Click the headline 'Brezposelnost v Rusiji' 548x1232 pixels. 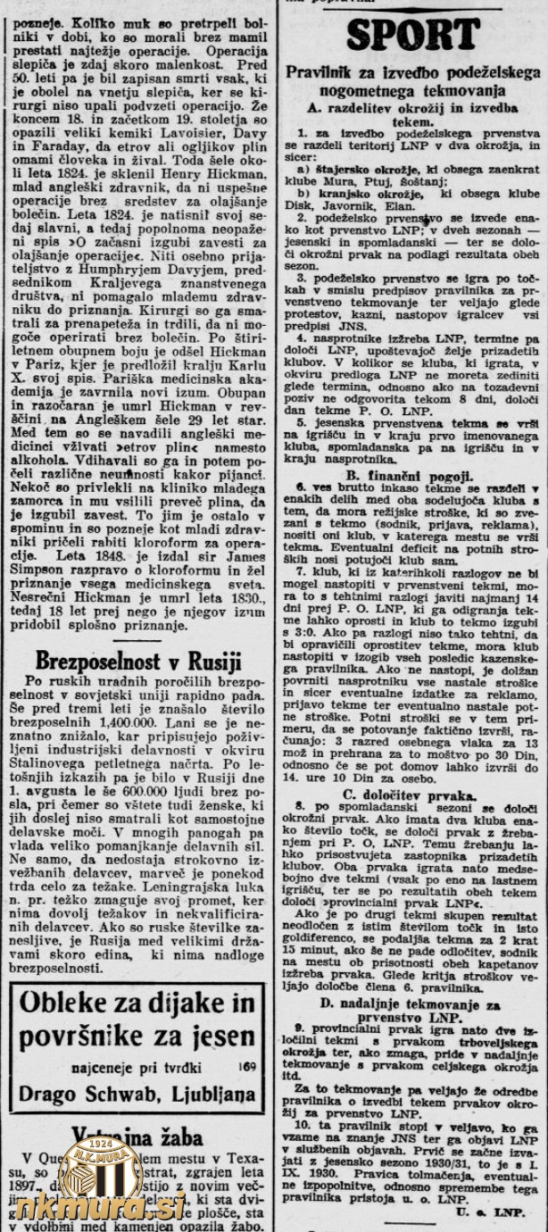(138, 661)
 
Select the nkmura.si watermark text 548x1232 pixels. (100, 1207)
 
